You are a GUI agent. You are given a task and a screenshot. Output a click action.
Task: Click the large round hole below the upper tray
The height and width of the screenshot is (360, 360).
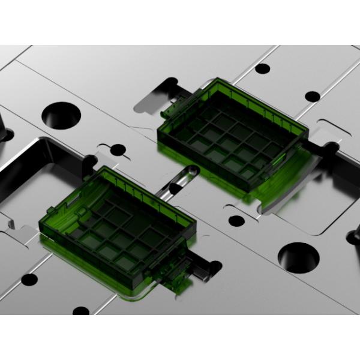(x=298, y=256)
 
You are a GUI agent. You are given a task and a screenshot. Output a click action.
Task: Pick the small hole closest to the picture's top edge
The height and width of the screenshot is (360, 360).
(x=262, y=68)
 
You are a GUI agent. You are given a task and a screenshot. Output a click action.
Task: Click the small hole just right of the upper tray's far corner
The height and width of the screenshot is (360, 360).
(x=312, y=96)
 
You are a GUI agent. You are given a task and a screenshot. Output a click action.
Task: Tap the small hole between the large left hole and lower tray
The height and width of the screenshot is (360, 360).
(x=118, y=149)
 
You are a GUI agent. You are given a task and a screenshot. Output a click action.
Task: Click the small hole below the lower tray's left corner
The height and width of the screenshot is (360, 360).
(x=29, y=279)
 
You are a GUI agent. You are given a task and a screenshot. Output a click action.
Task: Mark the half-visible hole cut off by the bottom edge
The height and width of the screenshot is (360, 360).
(x=80, y=311)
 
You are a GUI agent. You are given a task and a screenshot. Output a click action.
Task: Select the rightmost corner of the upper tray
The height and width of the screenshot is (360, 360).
(x=309, y=129)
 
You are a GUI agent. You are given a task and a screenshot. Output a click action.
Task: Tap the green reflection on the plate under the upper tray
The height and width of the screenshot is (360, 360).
(x=282, y=180)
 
